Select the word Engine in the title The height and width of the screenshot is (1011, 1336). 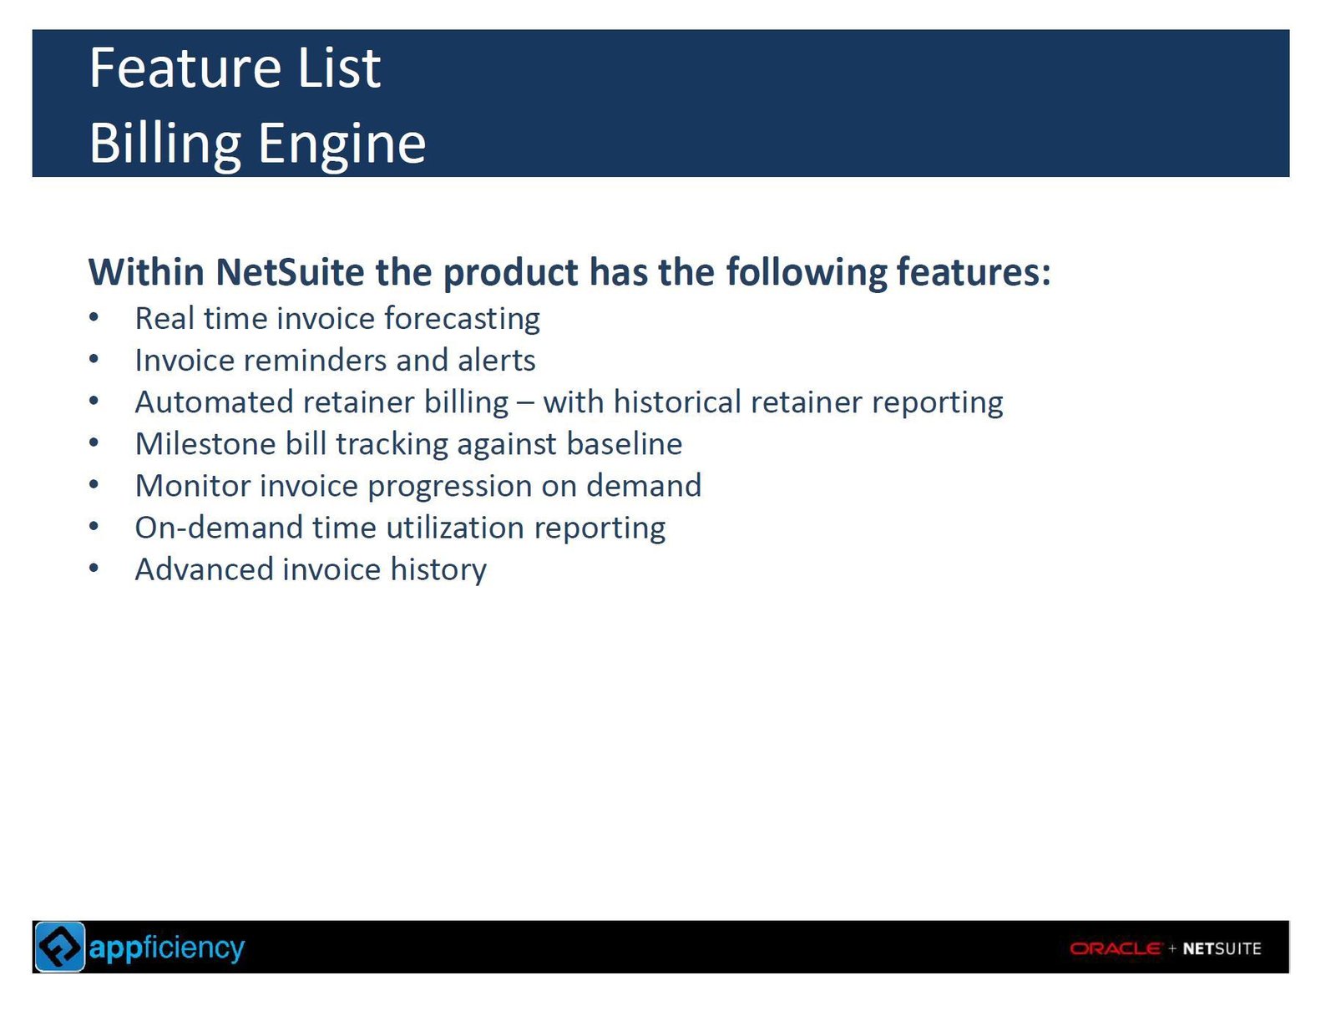pyautogui.click(x=342, y=144)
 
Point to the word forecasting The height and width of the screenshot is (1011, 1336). pyautogui.click(x=462, y=319)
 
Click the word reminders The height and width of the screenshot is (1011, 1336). pyautogui.click(x=316, y=360)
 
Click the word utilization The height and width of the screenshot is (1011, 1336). pyautogui.click(x=455, y=527)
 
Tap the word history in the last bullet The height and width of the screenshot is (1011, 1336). pyautogui.click(x=438, y=570)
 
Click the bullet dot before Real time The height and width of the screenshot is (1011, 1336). pyautogui.click(x=94, y=317)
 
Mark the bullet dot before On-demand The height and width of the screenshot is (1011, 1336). pyautogui.click(x=94, y=526)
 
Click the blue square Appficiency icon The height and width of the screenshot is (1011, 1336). pyautogui.click(x=59, y=947)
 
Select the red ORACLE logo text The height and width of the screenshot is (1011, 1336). pyautogui.click(x=1115, y=948)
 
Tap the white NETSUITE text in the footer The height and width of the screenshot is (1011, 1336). pyautogui.click(x=1222, y=948)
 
